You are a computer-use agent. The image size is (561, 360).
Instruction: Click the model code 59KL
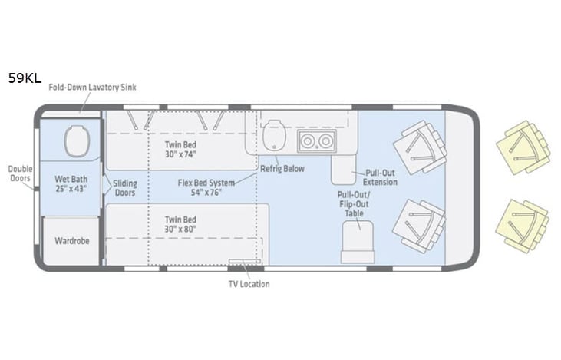click(x=25, y=78)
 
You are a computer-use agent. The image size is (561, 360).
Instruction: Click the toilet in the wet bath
click(x=77, y=142)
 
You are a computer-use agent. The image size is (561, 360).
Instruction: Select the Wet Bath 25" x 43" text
click(x=70, y=183)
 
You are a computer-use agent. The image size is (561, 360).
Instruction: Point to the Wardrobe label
click(x=71, y=240)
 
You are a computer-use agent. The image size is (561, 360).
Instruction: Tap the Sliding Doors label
click(x=124, y=188)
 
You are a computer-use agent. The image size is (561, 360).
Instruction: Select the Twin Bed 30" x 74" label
click(x=180, y=149)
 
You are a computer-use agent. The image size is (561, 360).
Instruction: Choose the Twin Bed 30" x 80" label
click(x=180, y=223)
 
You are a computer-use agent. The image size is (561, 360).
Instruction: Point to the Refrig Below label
click(x=282, y=168)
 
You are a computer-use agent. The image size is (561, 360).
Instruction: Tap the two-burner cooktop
click(x=316, y=141)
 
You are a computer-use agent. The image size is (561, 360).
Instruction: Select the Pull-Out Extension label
click(x=381, y=177)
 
